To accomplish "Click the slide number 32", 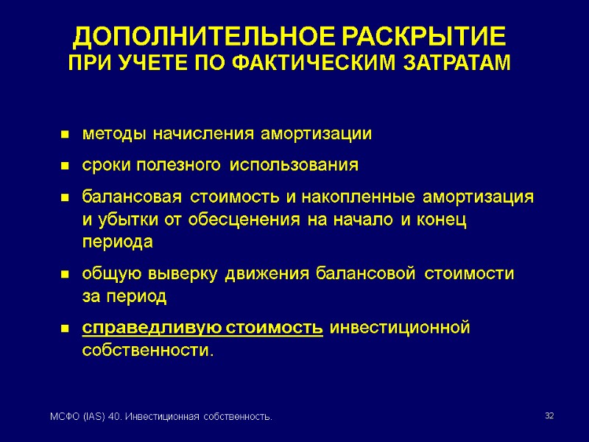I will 549,417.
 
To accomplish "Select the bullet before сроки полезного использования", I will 65,166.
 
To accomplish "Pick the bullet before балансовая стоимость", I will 65,198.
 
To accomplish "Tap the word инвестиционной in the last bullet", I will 400,327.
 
